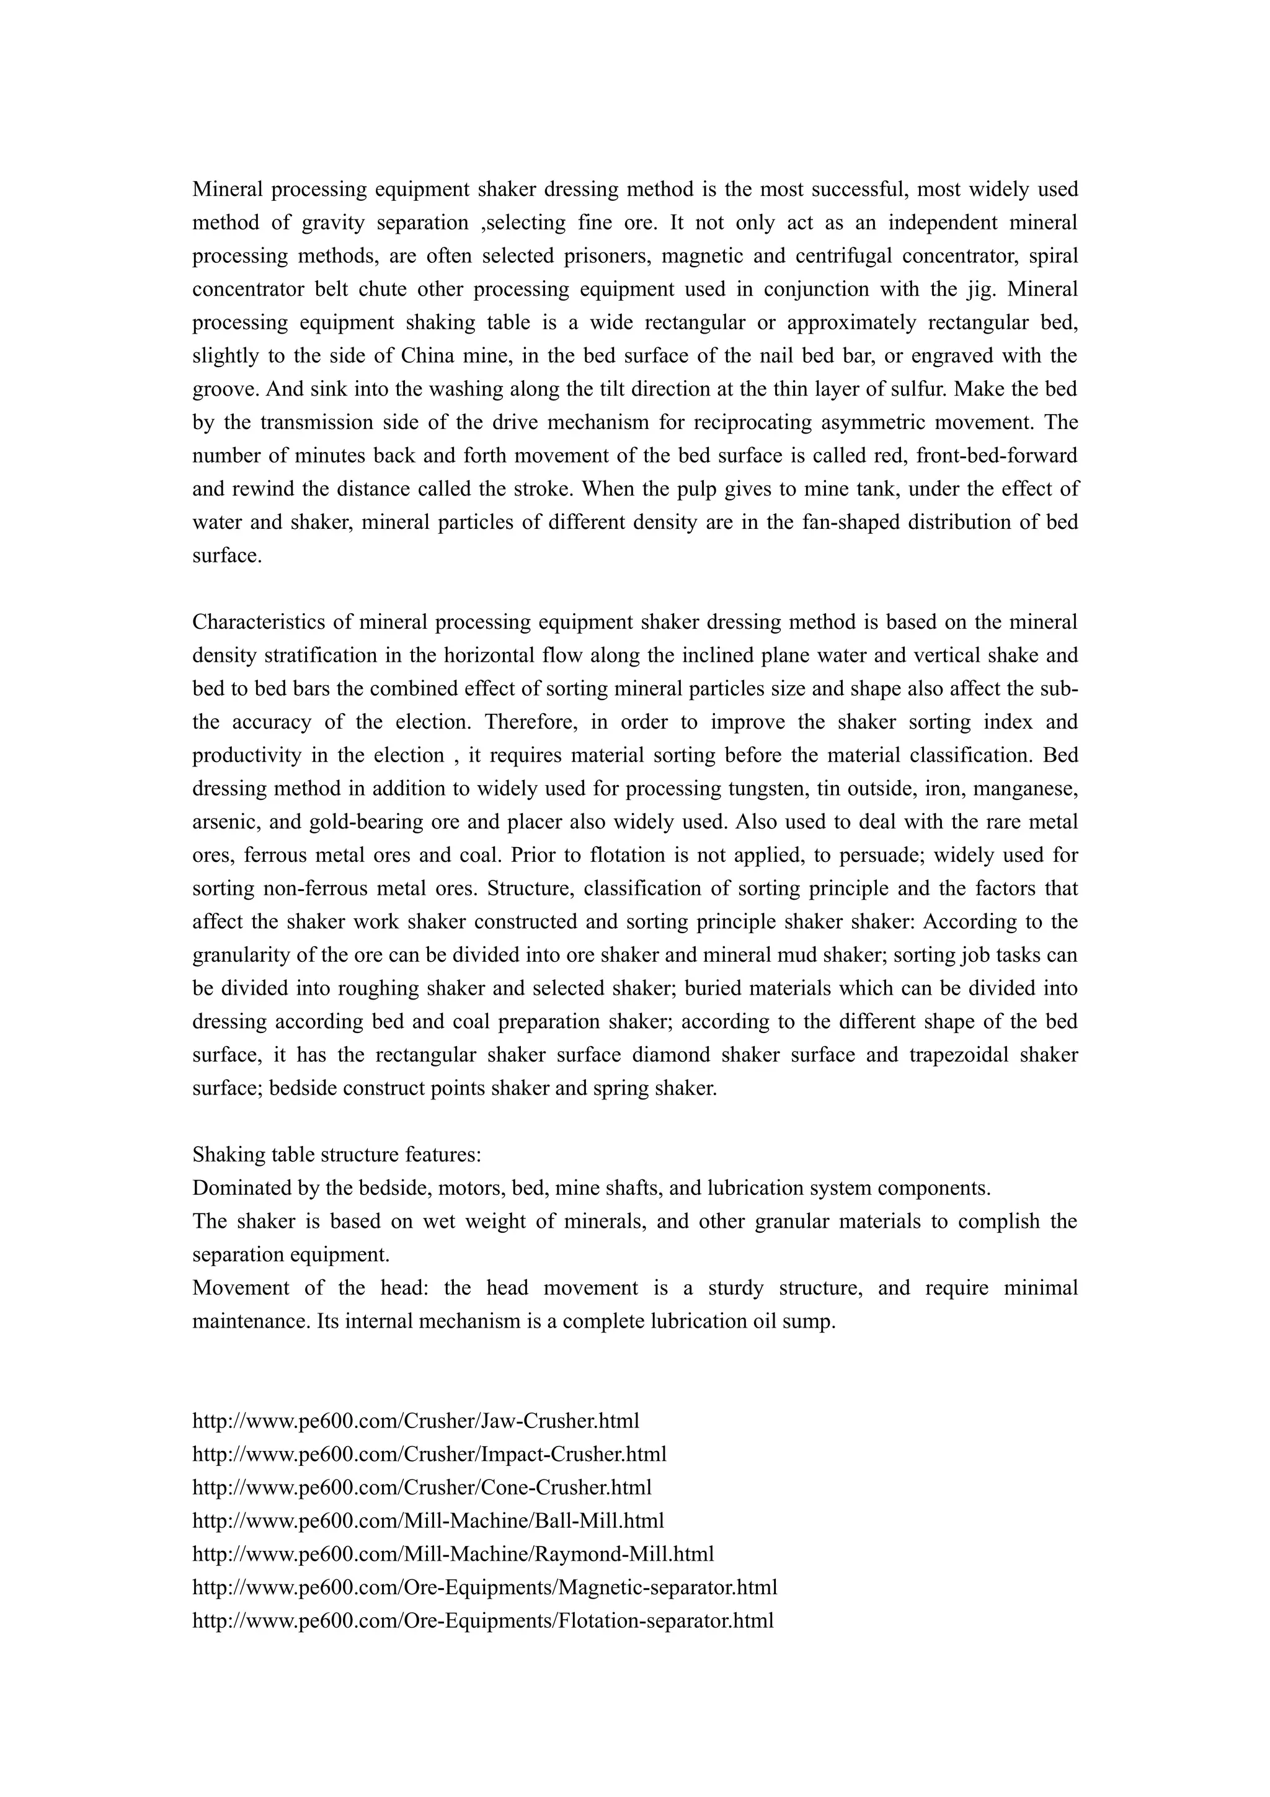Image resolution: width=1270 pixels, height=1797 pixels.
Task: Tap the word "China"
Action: (428, 356)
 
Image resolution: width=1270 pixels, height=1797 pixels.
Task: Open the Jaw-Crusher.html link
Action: (415, 1421)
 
